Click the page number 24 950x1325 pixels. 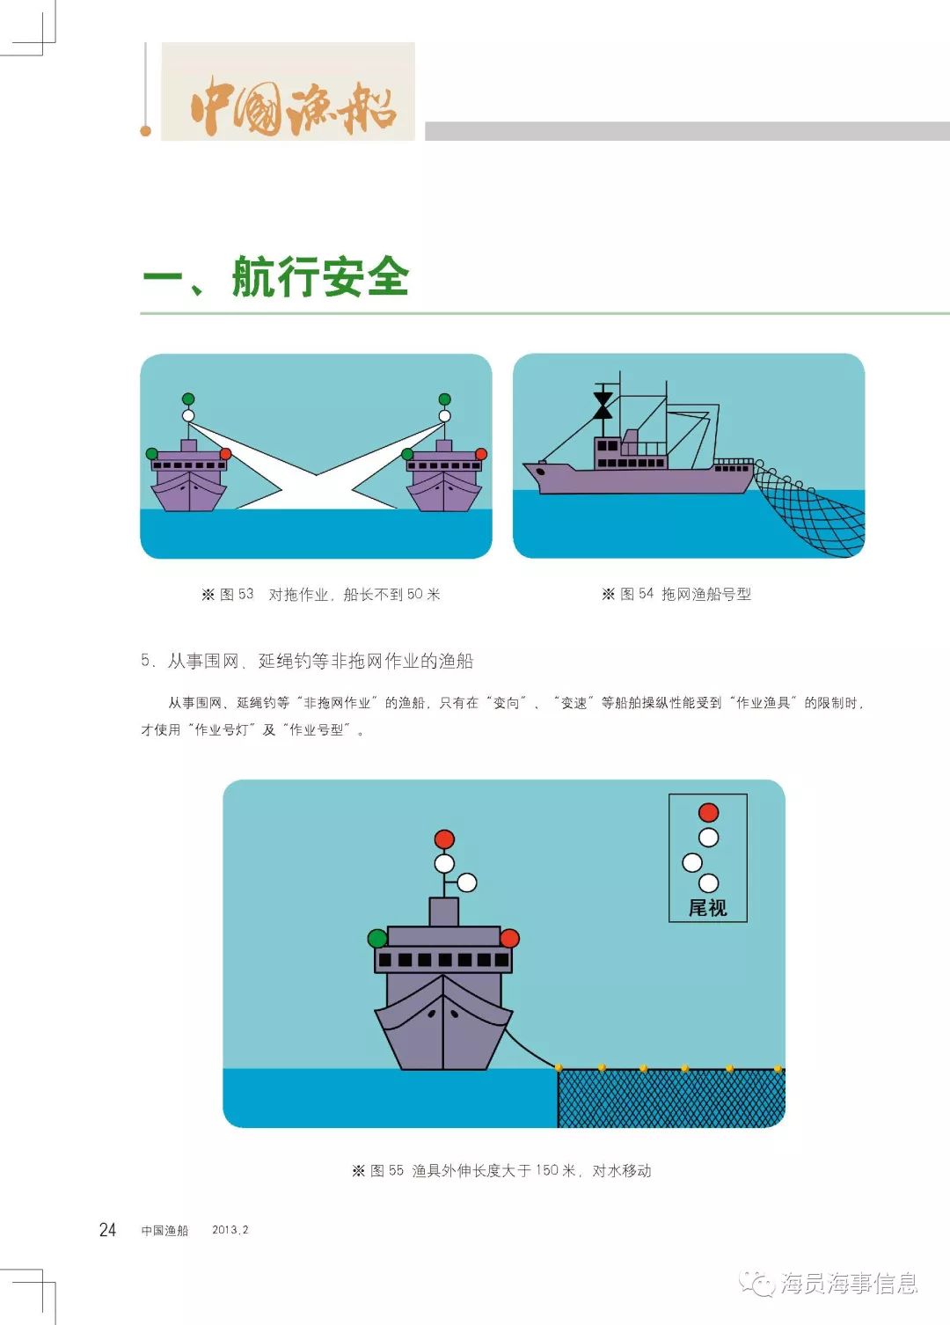click(107, 1230)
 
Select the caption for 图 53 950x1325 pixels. click(321, 595)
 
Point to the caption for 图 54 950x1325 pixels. click(676, 594)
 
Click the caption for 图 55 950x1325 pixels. click(501, 1171)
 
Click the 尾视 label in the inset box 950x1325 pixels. click(707, 907)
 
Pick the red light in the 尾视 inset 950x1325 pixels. click(708, 813)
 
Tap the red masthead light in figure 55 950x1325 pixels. click(444, 838)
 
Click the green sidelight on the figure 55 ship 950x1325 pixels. click(377, 938)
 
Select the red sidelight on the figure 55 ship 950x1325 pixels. click(509, 938)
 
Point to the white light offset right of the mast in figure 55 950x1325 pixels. click(467, 882)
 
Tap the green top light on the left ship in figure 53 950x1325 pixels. click(188, 399)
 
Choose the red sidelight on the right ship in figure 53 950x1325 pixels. click(481, 454)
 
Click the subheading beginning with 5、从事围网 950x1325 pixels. click(307, 661)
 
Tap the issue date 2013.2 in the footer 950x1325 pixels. click(230, 1230)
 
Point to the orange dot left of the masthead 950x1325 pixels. click(145, 131)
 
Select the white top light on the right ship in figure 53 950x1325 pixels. click(444, 416)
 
